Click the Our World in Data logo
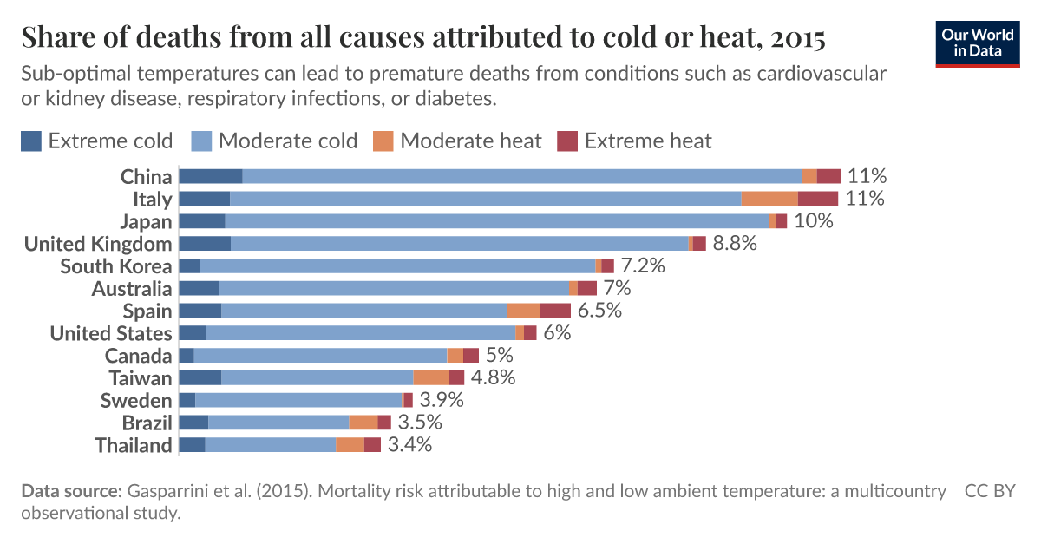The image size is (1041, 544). tap(977, 42)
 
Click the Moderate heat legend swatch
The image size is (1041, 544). tap(383, 141)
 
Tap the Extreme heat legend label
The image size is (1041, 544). tap(648, 141)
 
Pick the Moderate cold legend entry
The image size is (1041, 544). tap(274, 141)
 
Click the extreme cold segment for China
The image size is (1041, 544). tap(210, 176)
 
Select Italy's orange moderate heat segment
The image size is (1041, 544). tap(769, 199)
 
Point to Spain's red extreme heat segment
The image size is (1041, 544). tap(555, 311)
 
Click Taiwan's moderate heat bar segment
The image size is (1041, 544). tap(431, 377)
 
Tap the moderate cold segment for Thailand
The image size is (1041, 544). tap(270, 445)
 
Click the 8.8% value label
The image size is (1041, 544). tap(735, 244)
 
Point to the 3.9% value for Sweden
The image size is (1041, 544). tap(442, 400)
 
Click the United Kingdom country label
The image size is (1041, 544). tap(98, 244)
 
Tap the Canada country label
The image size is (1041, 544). tap(138, 356)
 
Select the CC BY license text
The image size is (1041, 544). tap(990, 491)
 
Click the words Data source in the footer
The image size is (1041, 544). tap(71, 491)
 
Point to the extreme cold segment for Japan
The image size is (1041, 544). tap(201, 221)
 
